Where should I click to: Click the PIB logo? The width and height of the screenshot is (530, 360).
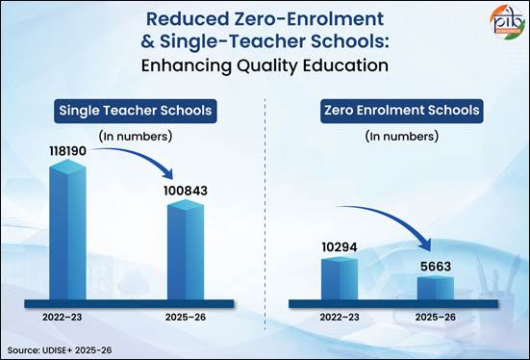pyautogui.click(x=507, y=22)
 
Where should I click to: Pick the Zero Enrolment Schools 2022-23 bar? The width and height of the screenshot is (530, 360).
pyautogui.click(x=340, y=278)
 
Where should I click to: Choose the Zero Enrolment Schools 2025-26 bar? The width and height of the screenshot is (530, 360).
pyautogui.click(x=436, y=288)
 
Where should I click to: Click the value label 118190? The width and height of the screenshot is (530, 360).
pyautogui.click(x=68, y=151)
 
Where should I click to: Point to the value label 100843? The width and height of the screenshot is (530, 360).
pyautogui.click(x=186, y=191)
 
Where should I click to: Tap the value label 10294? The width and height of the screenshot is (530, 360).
pyautogui.click(x=340, y=247)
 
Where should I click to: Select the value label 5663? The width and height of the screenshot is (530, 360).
pyautogui.click(x=436, y=267)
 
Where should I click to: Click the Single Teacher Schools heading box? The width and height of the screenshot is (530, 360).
pyautogui.click(x=136, y=111)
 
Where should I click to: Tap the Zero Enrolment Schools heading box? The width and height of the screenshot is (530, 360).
pyautogui.click(x=402, y=111)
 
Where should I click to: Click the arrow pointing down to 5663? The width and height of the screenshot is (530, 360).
pyautogui.click(x=395, y=219)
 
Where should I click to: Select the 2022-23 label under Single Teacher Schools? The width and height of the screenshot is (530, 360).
pyautogui.click(x=63, y=318)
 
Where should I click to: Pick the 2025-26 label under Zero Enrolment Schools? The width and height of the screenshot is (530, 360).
pyautogui.click(x=436, y=318)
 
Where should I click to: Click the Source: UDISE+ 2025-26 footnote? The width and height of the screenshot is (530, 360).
pyautogui.click(x=60, y=350)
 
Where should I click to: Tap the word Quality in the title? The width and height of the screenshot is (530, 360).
pyautogui.click(x=267, y=66)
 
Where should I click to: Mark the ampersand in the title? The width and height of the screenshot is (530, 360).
pyautogui.click(x=147, y=41)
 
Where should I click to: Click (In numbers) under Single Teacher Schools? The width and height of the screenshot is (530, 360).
pyautogui.click(x=136, y=137)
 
